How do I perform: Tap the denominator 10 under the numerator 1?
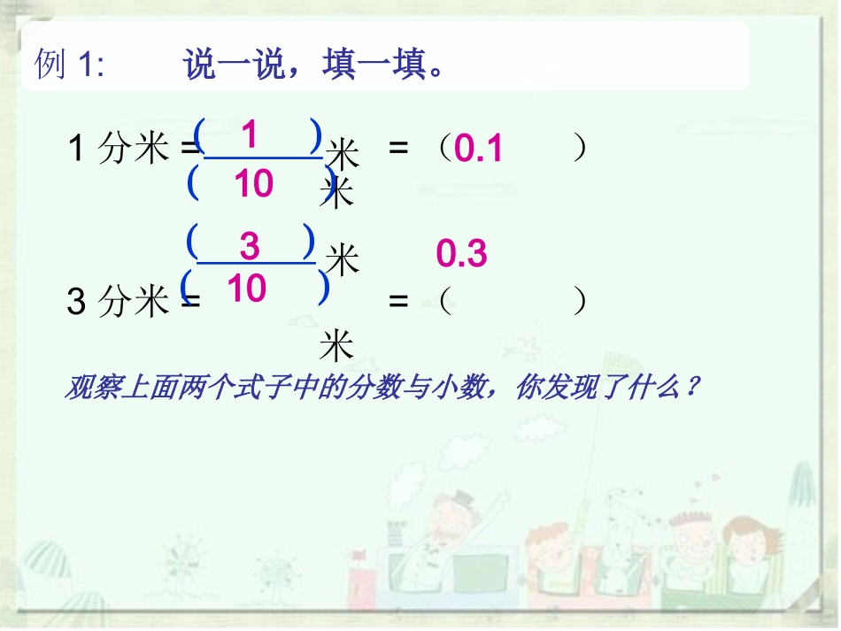pos(253,184)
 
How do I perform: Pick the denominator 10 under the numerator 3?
pos(245,288)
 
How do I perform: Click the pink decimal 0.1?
pos(478,150)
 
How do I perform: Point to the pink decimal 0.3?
pos(462,255)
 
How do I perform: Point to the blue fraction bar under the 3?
pos(255,263)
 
